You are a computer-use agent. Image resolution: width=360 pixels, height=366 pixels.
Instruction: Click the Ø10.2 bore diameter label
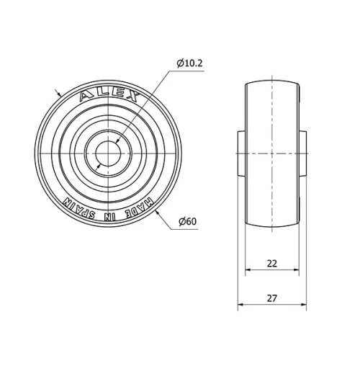(190, 63)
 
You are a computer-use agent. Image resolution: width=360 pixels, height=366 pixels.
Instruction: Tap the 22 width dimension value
(272, 263)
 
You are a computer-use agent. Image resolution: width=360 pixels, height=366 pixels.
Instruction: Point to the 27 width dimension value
(272, 297)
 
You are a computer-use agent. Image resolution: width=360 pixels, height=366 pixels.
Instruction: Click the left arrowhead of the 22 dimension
(248, 270)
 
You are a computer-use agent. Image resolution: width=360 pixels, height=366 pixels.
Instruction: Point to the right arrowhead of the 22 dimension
(296, 270)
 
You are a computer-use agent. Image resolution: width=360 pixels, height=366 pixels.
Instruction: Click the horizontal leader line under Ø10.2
(189, 71)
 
